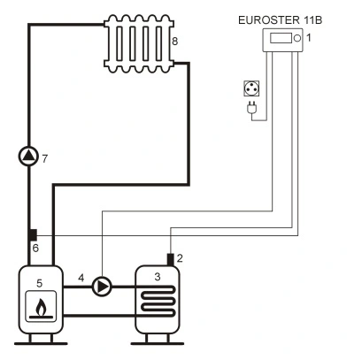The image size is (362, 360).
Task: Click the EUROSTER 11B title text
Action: coord(280,20)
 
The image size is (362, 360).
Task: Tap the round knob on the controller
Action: coord(297,38)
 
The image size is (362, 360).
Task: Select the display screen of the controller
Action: coord(281,38)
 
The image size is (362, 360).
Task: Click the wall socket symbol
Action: coord(251,88)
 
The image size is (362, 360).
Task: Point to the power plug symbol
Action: coord(251,107)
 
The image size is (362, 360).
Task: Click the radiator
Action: coord(139,43)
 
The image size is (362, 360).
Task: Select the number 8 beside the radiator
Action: coord(175,41)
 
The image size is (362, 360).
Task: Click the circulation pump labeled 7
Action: coord(28,156)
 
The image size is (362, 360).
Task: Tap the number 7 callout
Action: coord(44,159)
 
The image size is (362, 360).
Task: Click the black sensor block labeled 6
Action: coord(33,235)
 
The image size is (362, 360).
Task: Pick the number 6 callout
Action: coord(35,249)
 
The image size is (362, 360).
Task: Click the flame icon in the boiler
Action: coord(41,309)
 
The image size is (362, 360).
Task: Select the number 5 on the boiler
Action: coord(39,283)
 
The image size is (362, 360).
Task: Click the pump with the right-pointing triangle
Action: coord(102,287)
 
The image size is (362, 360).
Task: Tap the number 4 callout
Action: coord(81,278)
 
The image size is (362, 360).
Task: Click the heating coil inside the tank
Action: coord(158,302)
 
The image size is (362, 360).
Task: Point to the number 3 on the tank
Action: coord(158,277)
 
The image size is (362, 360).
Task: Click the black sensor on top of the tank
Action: coord(170,259)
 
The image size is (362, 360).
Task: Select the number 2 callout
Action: coord(180,258)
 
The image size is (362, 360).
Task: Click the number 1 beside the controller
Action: coord(309,38)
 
